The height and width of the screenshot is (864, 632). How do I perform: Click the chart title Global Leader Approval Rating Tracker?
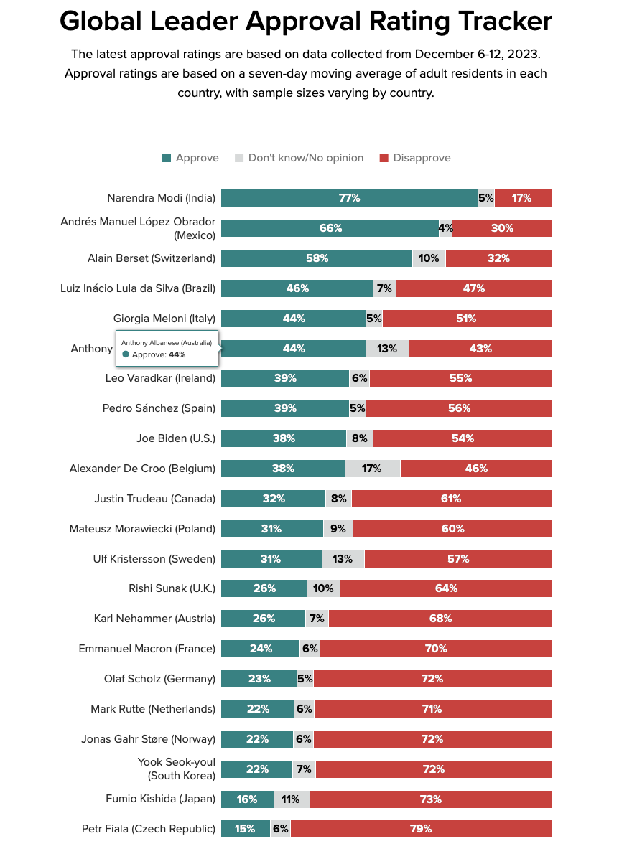click(x=306, y=22)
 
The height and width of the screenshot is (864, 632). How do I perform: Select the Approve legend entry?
click(x=190, y=158)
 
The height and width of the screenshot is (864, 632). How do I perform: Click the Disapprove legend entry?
click(x=414, y=158)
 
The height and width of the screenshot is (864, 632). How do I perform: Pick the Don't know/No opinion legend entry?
click(x=299, y=158)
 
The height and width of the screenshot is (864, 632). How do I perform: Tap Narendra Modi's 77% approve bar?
click(x=349, y=198)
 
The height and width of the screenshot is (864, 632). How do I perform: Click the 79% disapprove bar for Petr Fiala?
click(x=421, y=829)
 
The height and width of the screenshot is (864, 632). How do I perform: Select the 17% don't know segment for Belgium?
click(x=372, y=469)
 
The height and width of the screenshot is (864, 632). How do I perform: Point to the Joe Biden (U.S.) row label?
click(x=175, y=438)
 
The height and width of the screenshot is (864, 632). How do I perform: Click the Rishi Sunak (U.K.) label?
click(x=172, y=588)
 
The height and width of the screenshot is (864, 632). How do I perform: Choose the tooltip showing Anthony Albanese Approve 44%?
click(x=167, y=349)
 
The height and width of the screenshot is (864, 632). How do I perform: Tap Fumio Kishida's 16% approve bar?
click(x=247, y=799)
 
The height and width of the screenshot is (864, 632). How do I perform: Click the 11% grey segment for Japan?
click(x=291, y=799)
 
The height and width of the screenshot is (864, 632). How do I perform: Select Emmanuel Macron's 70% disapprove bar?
click(x=435, y=649)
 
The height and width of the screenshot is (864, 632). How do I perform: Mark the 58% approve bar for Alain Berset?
click(x=317, y=258)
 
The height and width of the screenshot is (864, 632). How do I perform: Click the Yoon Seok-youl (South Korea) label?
click(x=176, y=769)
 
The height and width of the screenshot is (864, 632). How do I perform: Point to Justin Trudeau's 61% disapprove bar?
click(x=451, y=499)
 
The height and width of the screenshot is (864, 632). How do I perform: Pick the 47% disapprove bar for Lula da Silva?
click(x=473, y=288)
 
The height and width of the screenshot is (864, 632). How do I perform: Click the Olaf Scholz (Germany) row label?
click(x=159, y=679)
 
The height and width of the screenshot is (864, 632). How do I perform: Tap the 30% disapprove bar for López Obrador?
click(x=502, y=228)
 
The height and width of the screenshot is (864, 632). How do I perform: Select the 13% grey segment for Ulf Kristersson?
click(x=343, y=559)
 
